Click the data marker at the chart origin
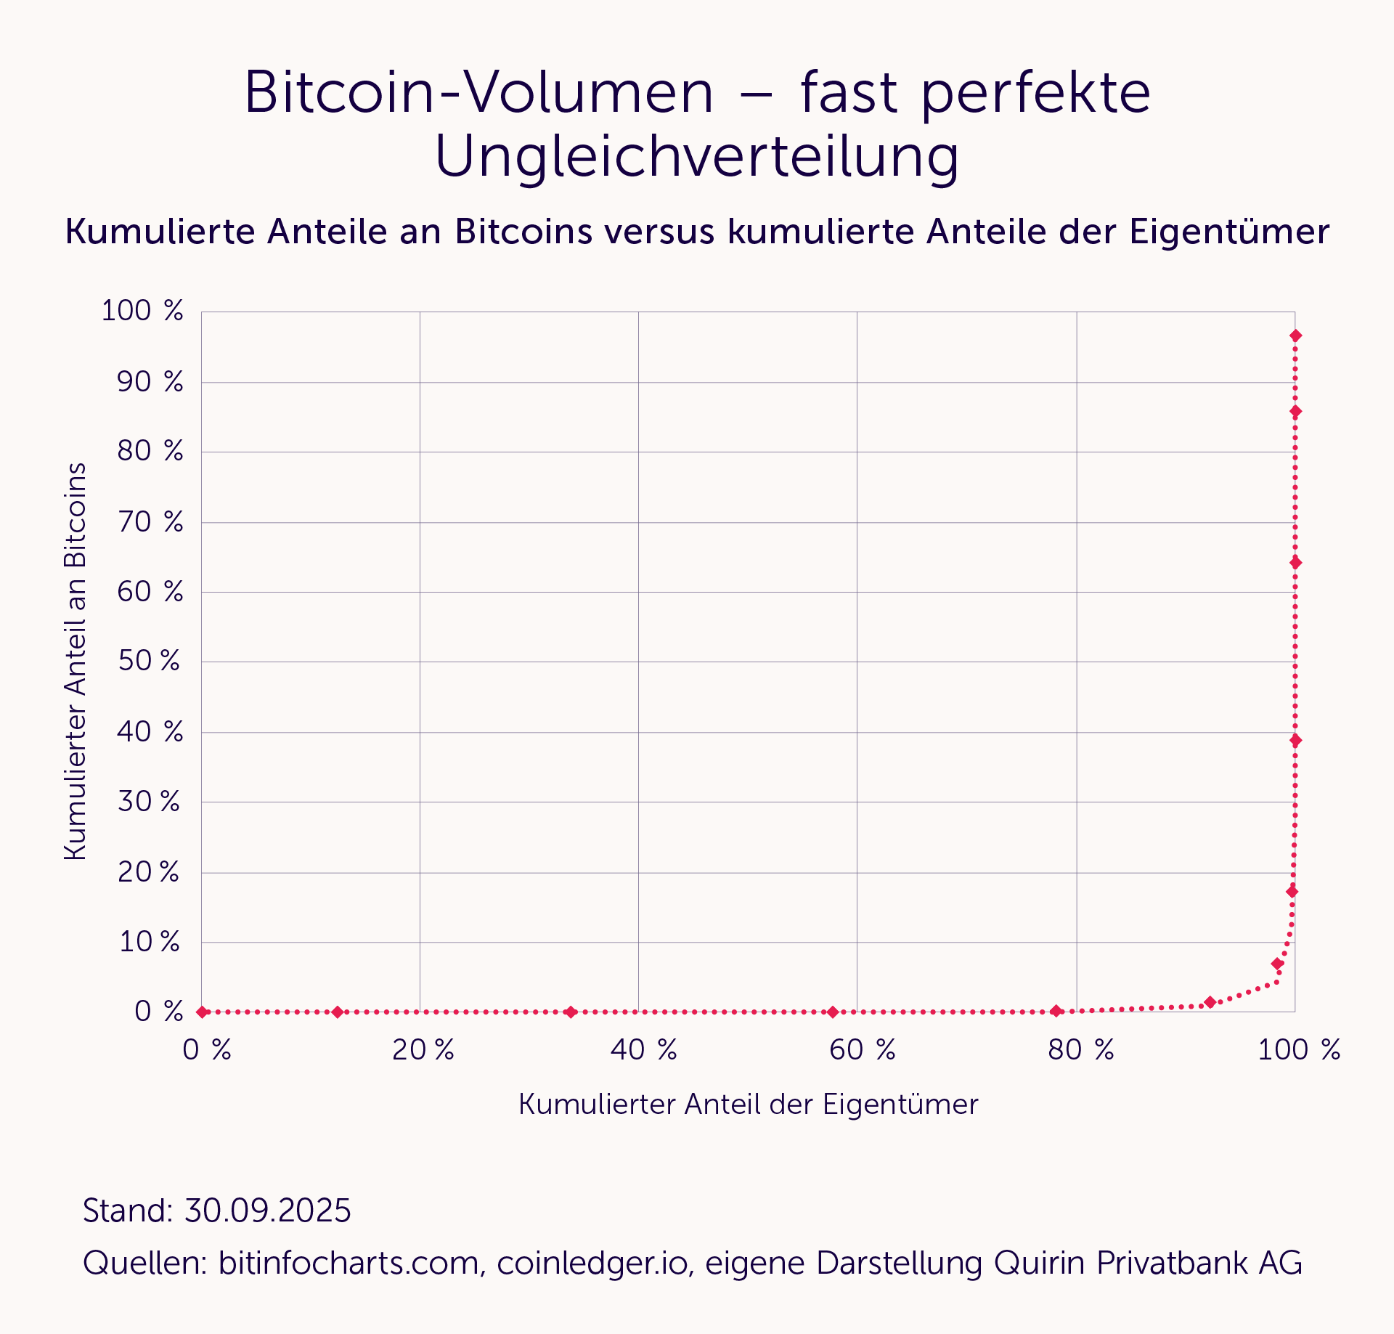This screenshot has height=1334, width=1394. click(203, 1012)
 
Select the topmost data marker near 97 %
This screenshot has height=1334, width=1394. click(1295, 335)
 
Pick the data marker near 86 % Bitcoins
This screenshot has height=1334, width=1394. click(1295, 412)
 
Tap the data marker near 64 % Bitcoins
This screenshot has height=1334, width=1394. click(1295, 563)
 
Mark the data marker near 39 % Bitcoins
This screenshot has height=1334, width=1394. click(1295, 740)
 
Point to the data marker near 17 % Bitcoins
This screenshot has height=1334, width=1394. click(1292, 892)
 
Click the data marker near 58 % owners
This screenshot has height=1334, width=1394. click(833, 1012)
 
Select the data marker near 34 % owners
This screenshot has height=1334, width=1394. click(571, 1012)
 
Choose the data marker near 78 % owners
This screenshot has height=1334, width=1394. click(1056, 1011)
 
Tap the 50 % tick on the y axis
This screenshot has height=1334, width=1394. click(150, 661)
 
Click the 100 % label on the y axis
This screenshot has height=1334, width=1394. click(142, 311)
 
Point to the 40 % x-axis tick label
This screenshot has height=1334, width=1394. click(644, 1050)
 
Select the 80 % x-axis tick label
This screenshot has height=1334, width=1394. click(1081, 1050)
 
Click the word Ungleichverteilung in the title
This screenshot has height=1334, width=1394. click(697, 157)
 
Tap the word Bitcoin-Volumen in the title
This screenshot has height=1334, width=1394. click(479, 93)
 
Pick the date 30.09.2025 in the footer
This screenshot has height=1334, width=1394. click(268, 1211)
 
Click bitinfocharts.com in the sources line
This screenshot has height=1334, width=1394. click(348, 1263)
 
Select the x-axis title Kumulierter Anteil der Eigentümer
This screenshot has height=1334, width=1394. click(749, 1105)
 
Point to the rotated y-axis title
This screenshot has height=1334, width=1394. click(76, 661)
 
